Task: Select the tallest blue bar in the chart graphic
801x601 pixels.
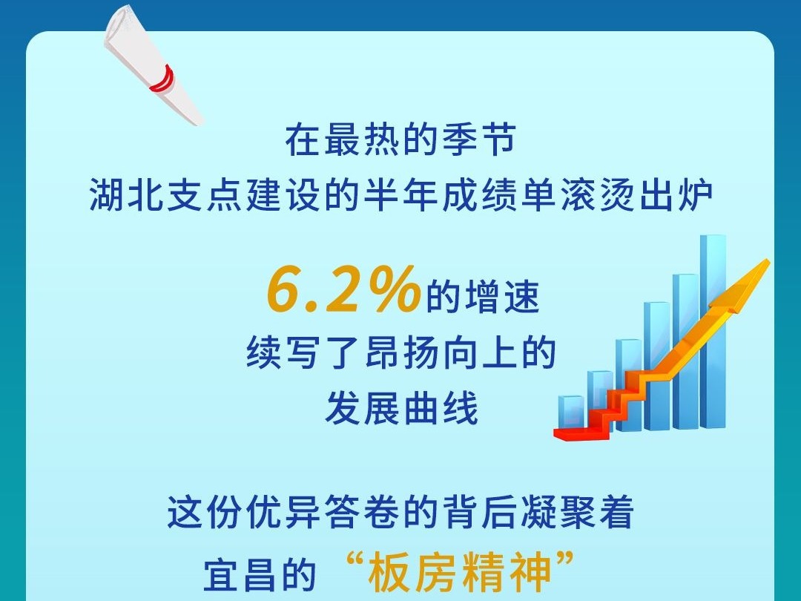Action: click(x=713, y=331)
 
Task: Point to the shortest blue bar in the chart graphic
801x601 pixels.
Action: click(x=571, y=412)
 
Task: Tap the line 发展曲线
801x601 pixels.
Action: click(x=401, y=408)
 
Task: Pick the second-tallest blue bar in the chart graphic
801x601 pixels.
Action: click(x=685, y=352)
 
